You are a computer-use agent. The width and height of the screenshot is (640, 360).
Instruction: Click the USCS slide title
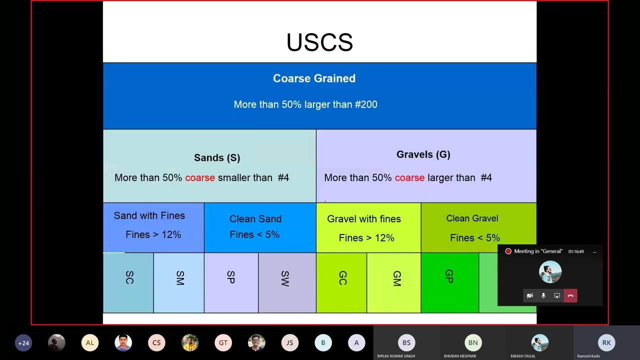(319, 42)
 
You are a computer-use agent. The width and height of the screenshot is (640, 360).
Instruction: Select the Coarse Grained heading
(314, 78)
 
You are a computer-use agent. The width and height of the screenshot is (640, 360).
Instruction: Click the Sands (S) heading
(217, 157)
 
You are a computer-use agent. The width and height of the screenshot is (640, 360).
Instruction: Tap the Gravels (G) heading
(423, 154)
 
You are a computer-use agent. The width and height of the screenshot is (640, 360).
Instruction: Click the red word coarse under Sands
(200, 177)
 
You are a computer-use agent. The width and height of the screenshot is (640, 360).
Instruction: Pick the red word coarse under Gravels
(409, 177)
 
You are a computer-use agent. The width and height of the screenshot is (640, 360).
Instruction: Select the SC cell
(129, 278)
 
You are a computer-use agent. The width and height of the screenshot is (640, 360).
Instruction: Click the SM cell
(179, 278)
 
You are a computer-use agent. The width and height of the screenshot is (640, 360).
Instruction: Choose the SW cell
(284, 278)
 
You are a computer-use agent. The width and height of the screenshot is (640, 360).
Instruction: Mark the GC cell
(342, 278)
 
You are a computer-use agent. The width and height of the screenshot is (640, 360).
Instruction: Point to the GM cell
(396, 278)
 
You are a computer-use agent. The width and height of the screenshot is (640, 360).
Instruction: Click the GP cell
(449, 276)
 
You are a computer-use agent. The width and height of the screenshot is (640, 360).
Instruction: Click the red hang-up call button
(570, 296)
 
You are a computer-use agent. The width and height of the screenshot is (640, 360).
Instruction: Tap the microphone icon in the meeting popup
(543, 296)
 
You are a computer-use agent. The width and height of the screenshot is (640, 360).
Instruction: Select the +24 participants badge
(23, 343)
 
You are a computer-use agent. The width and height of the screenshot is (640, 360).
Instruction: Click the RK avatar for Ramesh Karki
(606, 342)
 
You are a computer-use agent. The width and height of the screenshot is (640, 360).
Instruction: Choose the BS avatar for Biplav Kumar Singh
(406, 342)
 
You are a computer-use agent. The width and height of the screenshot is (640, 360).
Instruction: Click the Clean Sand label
(255, 219)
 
